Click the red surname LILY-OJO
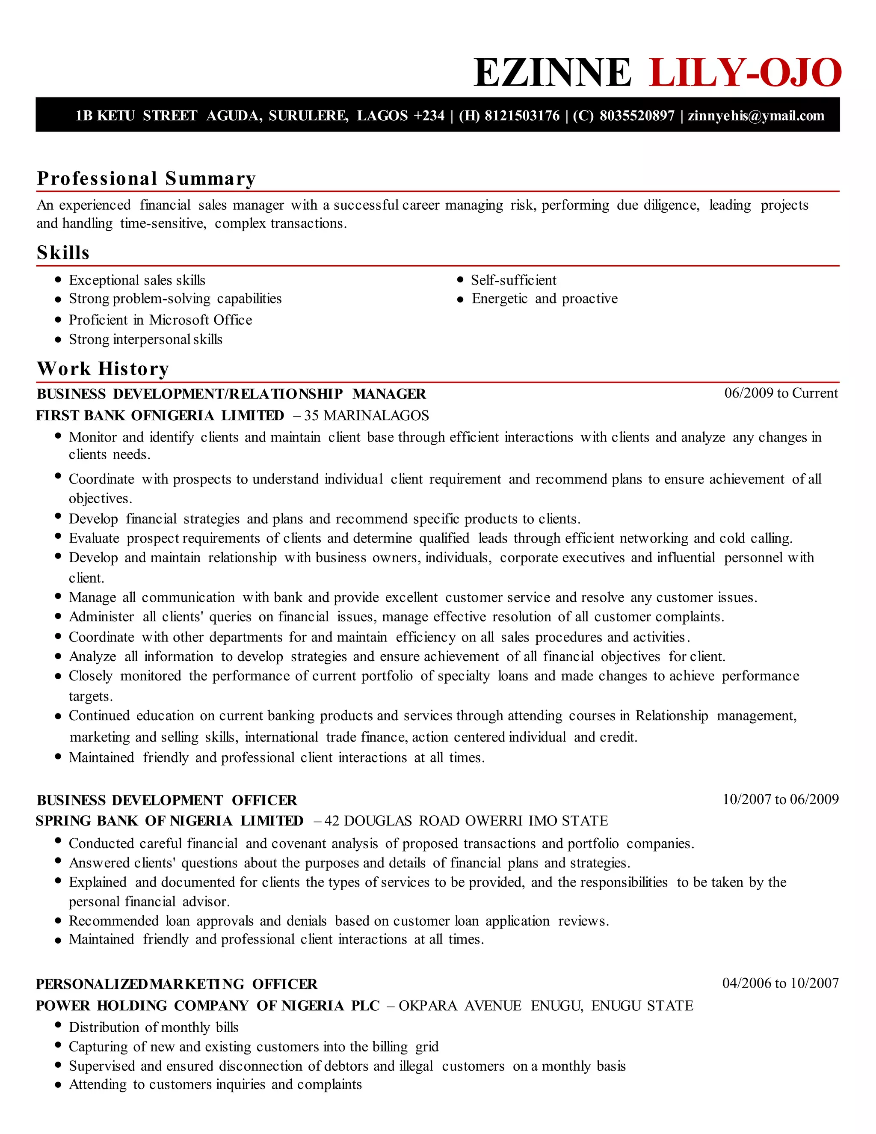point(745,73)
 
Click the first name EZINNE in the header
point(552,73)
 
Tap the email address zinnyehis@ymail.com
point(756,116)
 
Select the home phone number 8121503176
point(522,116)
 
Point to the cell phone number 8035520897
point(637,116)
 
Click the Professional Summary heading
point(146,178)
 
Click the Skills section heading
point(63,253)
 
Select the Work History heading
point(103,368)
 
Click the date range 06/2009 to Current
point(781,393)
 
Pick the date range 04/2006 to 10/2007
point(781,983)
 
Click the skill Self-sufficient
point(513,280)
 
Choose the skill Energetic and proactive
point(545,299)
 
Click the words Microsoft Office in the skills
point(200,320)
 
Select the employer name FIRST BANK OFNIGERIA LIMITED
point(160,416)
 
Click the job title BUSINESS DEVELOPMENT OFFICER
point(166,800)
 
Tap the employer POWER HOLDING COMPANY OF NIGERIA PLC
point(207,1006)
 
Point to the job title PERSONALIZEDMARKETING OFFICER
point(177,984)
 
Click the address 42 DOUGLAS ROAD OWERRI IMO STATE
point(465,821)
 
